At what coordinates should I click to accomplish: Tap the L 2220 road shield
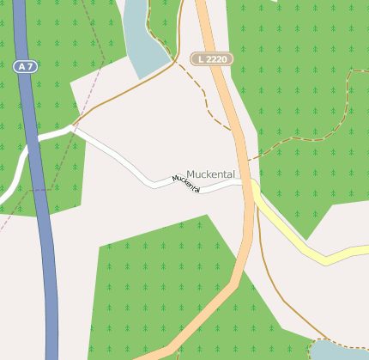211,58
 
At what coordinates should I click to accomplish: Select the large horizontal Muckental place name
210,174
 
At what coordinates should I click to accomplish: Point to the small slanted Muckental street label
186,183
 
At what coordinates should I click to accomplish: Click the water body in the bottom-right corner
339,351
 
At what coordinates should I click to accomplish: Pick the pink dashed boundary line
86,95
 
